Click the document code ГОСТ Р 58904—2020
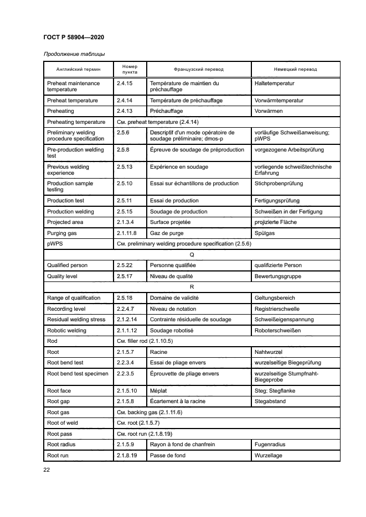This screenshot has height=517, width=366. [73, 37]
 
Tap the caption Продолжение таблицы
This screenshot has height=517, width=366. [70, 54]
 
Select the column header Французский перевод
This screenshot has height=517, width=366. [199, 70]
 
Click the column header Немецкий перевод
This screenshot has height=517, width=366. [296, 70]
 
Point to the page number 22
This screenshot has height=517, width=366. [47, 470]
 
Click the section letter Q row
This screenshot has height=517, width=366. [192, 254]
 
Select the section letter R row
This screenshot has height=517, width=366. [192, 287]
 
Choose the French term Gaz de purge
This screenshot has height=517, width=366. [167, 233]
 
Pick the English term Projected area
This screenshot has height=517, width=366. [66, 222]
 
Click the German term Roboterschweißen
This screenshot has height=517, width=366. [277, 331]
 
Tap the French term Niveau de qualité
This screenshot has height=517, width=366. [174, 276]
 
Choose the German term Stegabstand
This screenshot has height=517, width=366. [270, 401]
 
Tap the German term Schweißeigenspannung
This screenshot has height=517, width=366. [283, 320]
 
